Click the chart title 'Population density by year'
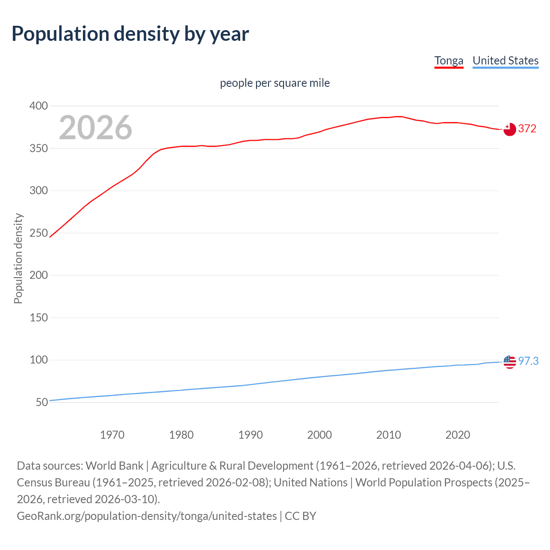pyautogui.click(x=130, y=34)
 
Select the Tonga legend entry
pyautogui.click(x=449, y=61)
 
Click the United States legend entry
pyautogui.click(x=505, y=61)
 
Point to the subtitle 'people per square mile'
pyautogui.click(x=275, y=83)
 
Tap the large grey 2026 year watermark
pyautogui.click(x=95, y=128)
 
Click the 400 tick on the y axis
pyautogui.click(x=39, y=106)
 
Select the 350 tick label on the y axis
pyautogui.click(x=39, y=149)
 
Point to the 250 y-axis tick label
pyautogui.click(x=39, y=233)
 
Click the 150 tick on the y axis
pyautogui.click(x=39, y=318)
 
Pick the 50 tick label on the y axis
pyautogui.click(x=42, y=403)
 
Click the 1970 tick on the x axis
pyautogui.click(x=112, y=435)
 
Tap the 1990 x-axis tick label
pyautogui.click(x=251, y=435)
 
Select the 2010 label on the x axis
pyautogui.click(x=388, y=435)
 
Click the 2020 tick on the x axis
pyautogui.click(x=458, y=435)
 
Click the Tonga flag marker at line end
pyautogui.click(x=509, y=129)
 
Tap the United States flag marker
pyautogui.click(x=509, y=362)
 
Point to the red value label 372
pyautogui.click(x=527, y=129)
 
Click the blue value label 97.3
pyautogui.click(x=528, y=361)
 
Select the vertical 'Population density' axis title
pyautogui.click(x=18, y=259)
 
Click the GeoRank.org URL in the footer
pyautogui.click(x=147, y=516)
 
